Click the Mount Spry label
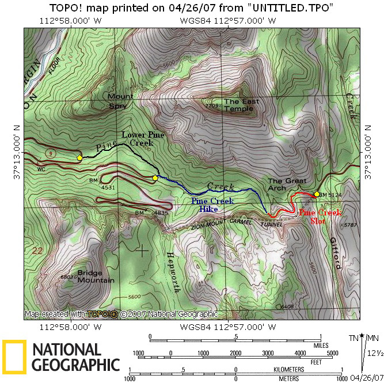(x=120, y=101)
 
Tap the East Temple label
(x=242, y=105)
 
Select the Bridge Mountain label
(x=96, y=276)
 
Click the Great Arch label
(x=287, y=184)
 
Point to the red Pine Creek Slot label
(x=320, y=217)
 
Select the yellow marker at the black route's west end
(x=79, y=157)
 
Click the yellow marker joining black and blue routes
(x=155, y=178)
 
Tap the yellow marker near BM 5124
(x=316, y=194)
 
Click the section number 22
(x=38, y=251)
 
